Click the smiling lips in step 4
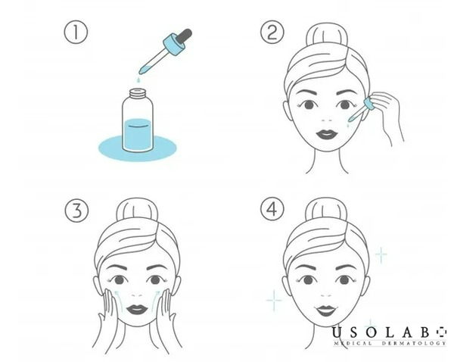tap(325, 311)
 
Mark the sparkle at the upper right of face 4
tap(381, 255)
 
